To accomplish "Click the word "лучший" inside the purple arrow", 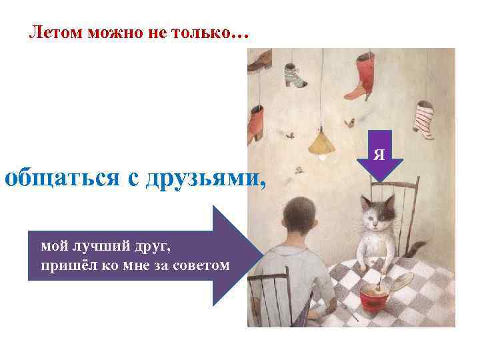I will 96,247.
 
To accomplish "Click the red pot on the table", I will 376,297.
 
